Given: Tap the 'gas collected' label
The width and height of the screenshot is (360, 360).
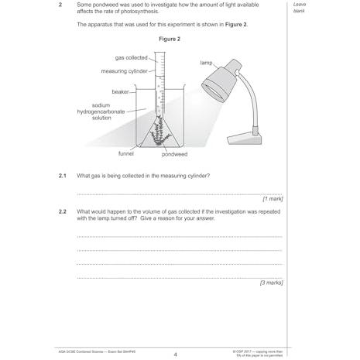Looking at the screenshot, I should (x=132, y=58).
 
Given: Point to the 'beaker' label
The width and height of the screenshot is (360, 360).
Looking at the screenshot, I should (x=120, y=91).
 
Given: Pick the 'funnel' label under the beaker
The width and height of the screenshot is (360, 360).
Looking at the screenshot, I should (x=126, y=153).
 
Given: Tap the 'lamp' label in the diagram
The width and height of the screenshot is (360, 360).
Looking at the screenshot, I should (x=206, y=62).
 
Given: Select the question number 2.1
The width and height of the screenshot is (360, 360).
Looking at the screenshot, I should (x=63, y=176).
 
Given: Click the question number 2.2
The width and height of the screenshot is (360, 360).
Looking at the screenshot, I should (x=63, y=211).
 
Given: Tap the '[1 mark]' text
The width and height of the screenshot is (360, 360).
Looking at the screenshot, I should (x=272, y=199).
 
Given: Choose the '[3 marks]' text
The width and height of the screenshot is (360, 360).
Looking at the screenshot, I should (x=270, y=283).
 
